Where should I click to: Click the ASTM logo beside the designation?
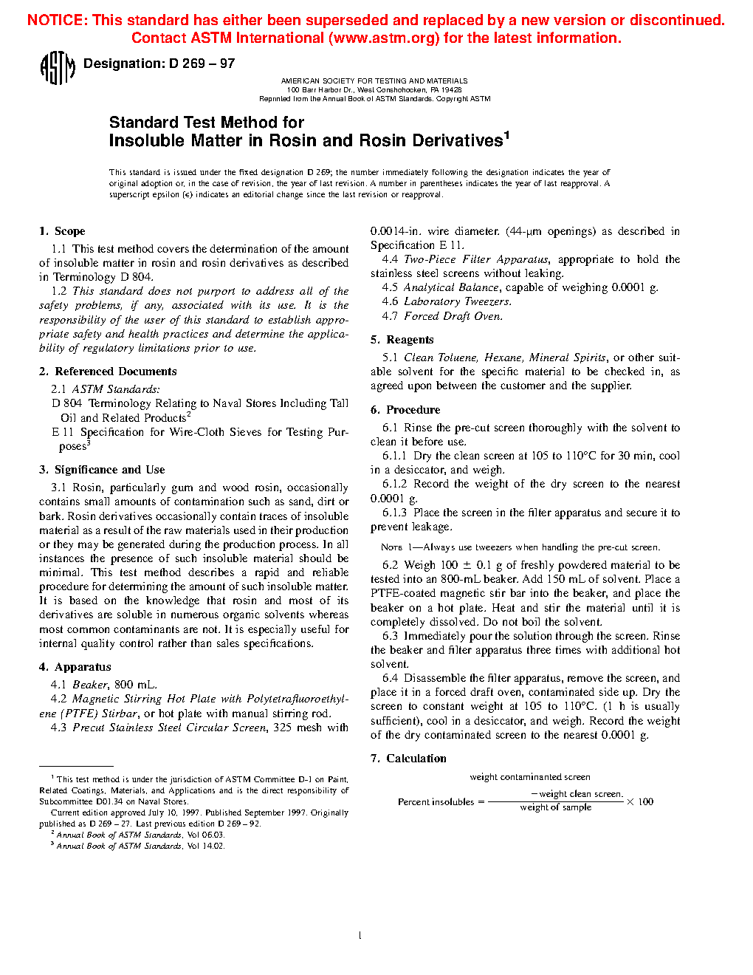57,68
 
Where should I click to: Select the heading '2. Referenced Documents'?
108,372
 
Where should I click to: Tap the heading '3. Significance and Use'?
102,470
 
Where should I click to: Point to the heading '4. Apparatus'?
75,667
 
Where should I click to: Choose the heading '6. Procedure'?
405,410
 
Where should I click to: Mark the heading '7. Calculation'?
408,759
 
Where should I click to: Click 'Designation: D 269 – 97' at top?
159,64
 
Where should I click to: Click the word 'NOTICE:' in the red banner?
57,20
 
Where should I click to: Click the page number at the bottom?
360,936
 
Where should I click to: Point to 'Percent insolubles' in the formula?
436,802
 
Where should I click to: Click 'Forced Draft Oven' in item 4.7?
453,316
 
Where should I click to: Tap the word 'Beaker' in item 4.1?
90,685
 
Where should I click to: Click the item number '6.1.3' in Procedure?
394,513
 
